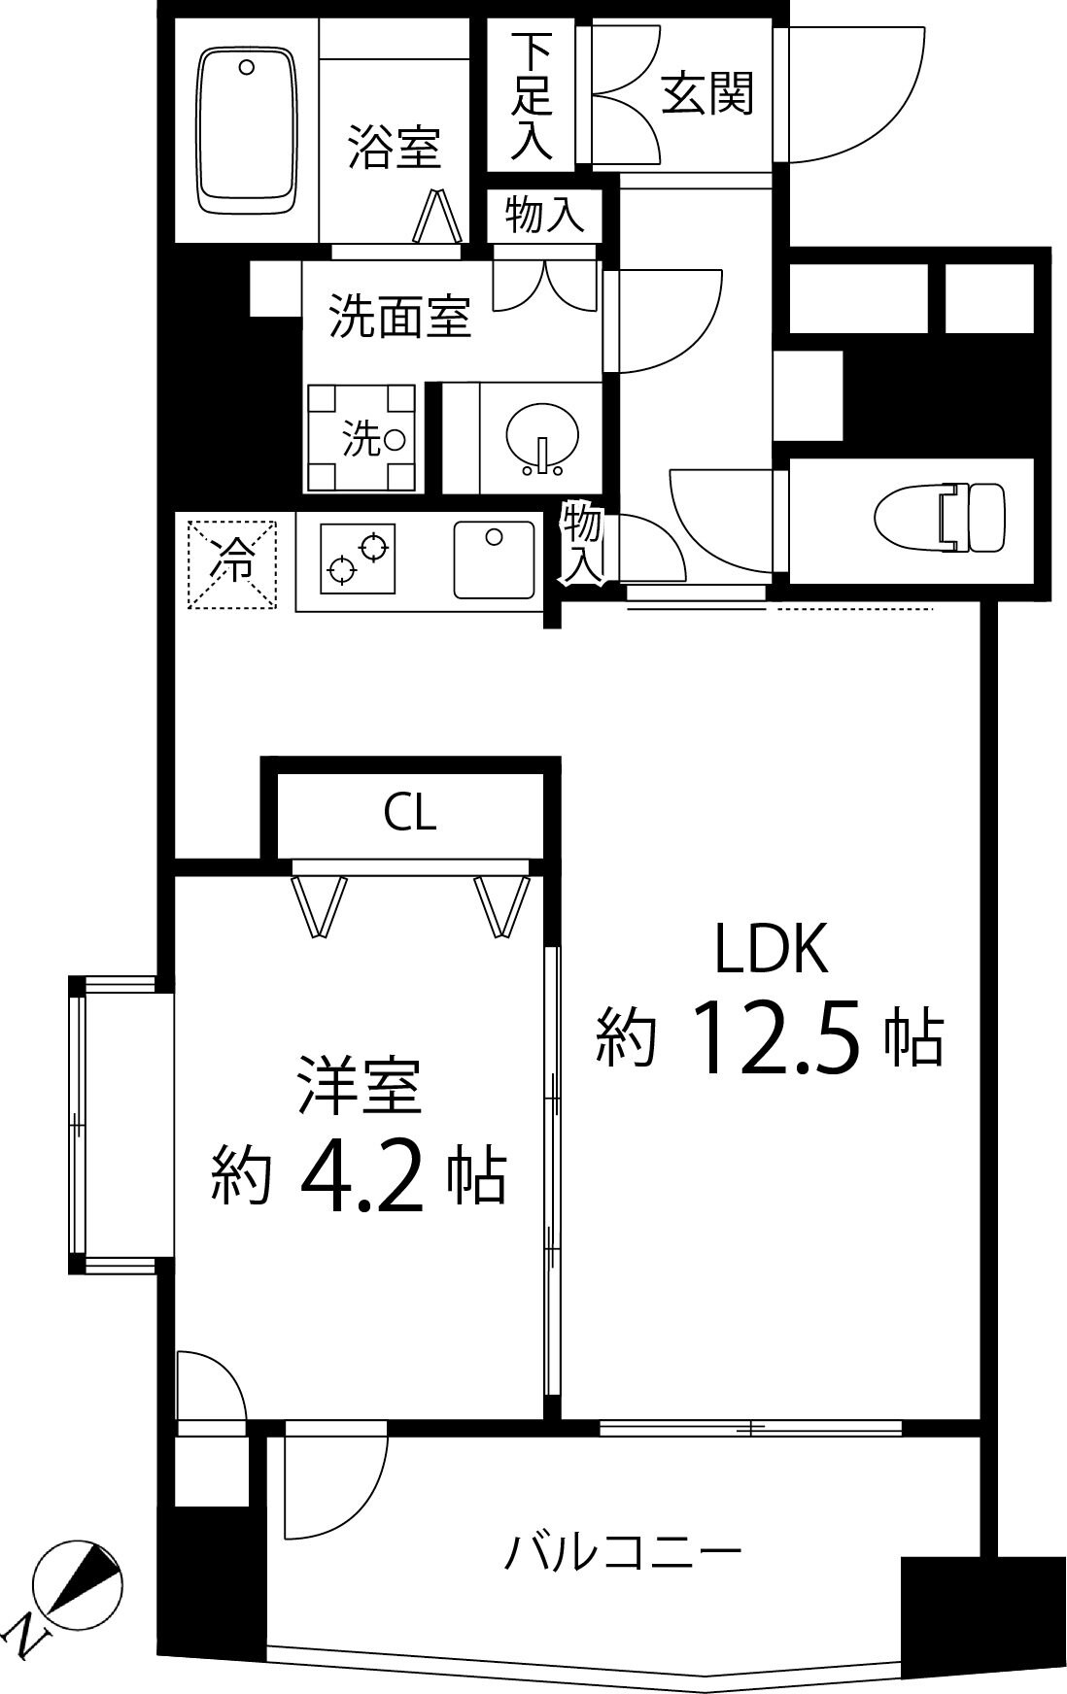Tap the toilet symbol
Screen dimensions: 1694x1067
(939, 518)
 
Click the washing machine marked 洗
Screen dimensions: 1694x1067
(361, 439)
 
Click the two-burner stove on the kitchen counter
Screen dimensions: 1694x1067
(356, 559)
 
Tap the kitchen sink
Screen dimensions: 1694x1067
(494, 560)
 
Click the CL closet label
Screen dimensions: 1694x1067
(410, 813)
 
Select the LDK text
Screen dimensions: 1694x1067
(772, 950)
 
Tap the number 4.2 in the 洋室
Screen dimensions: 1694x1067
(362, 1178)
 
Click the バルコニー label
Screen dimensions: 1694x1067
(623, 1551)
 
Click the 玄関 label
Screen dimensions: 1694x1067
(706, 95)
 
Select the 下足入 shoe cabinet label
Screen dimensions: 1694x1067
(533, 95)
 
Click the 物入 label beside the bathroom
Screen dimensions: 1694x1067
(544, 214)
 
